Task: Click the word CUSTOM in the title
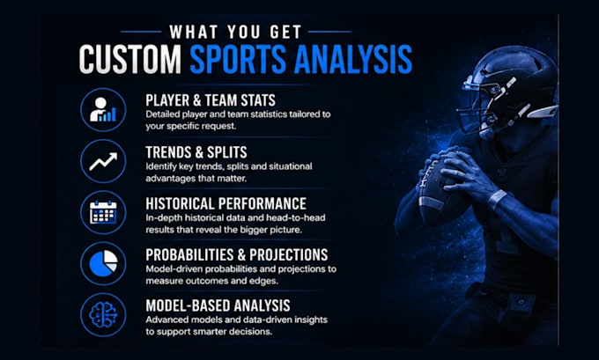(x=129, y=59)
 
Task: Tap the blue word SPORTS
(x=238, y=59)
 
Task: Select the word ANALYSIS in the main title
(x=353, y=59)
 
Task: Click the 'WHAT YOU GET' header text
(x=236, y=32)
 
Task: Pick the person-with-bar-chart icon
(x=103, y=110)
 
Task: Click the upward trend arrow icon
(x=103, y=161)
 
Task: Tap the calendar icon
(x=103, y=212)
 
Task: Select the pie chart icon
(x=103, y=263)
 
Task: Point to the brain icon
(x=103, y=314)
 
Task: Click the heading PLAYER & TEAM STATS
(x=211, y=100)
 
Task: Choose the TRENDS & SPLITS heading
(x=196, y=152)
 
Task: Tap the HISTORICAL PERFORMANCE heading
(x=226, y=203)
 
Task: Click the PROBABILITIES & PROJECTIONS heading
(x=237, y=254)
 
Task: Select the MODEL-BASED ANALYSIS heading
(x=218, y=305)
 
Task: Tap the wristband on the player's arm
(x=497, y=199)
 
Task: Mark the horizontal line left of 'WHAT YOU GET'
(x=141, y=32)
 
